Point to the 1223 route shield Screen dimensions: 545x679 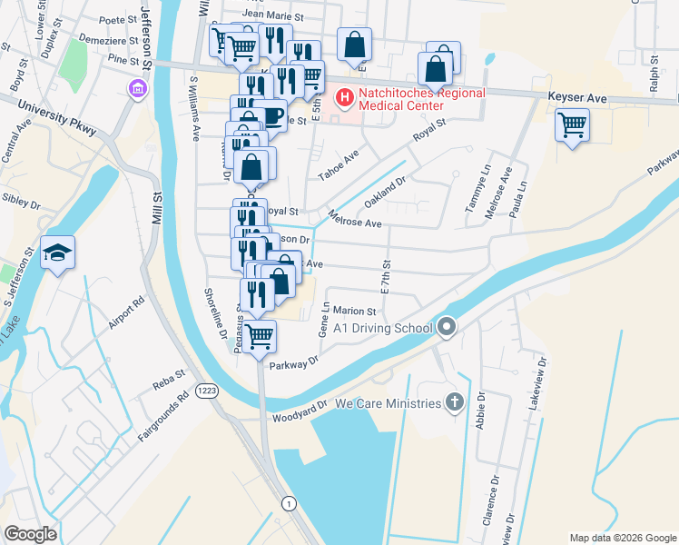(204, 391)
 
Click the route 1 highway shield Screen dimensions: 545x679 (289, 503)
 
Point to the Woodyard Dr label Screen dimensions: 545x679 (300, 415)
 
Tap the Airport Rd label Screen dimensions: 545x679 (126, 314)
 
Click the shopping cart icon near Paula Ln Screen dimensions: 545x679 (573, 124)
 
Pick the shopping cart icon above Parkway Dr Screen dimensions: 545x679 (261, 336)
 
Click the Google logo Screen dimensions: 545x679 (30, 534)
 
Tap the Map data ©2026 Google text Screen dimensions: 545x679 (622, 538)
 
